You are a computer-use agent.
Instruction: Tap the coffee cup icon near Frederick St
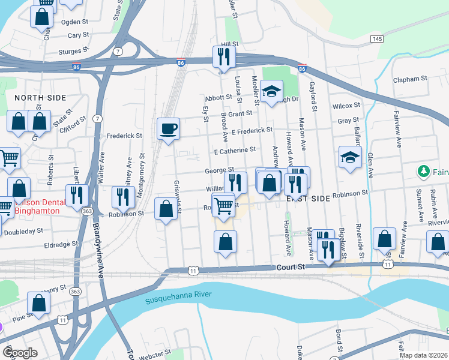pos(169,128)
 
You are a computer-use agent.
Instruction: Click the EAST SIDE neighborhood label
pos(308,198)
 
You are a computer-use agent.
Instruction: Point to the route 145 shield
pos(376,39)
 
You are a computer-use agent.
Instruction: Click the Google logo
pos(20,353)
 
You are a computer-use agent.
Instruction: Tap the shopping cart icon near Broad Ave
pos(224,206)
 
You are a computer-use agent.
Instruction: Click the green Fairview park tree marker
pos(424,172)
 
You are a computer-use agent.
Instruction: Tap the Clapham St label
pos(409,79)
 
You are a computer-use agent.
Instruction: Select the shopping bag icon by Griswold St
pos(166,209)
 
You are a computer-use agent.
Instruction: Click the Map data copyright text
pos(423,355)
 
